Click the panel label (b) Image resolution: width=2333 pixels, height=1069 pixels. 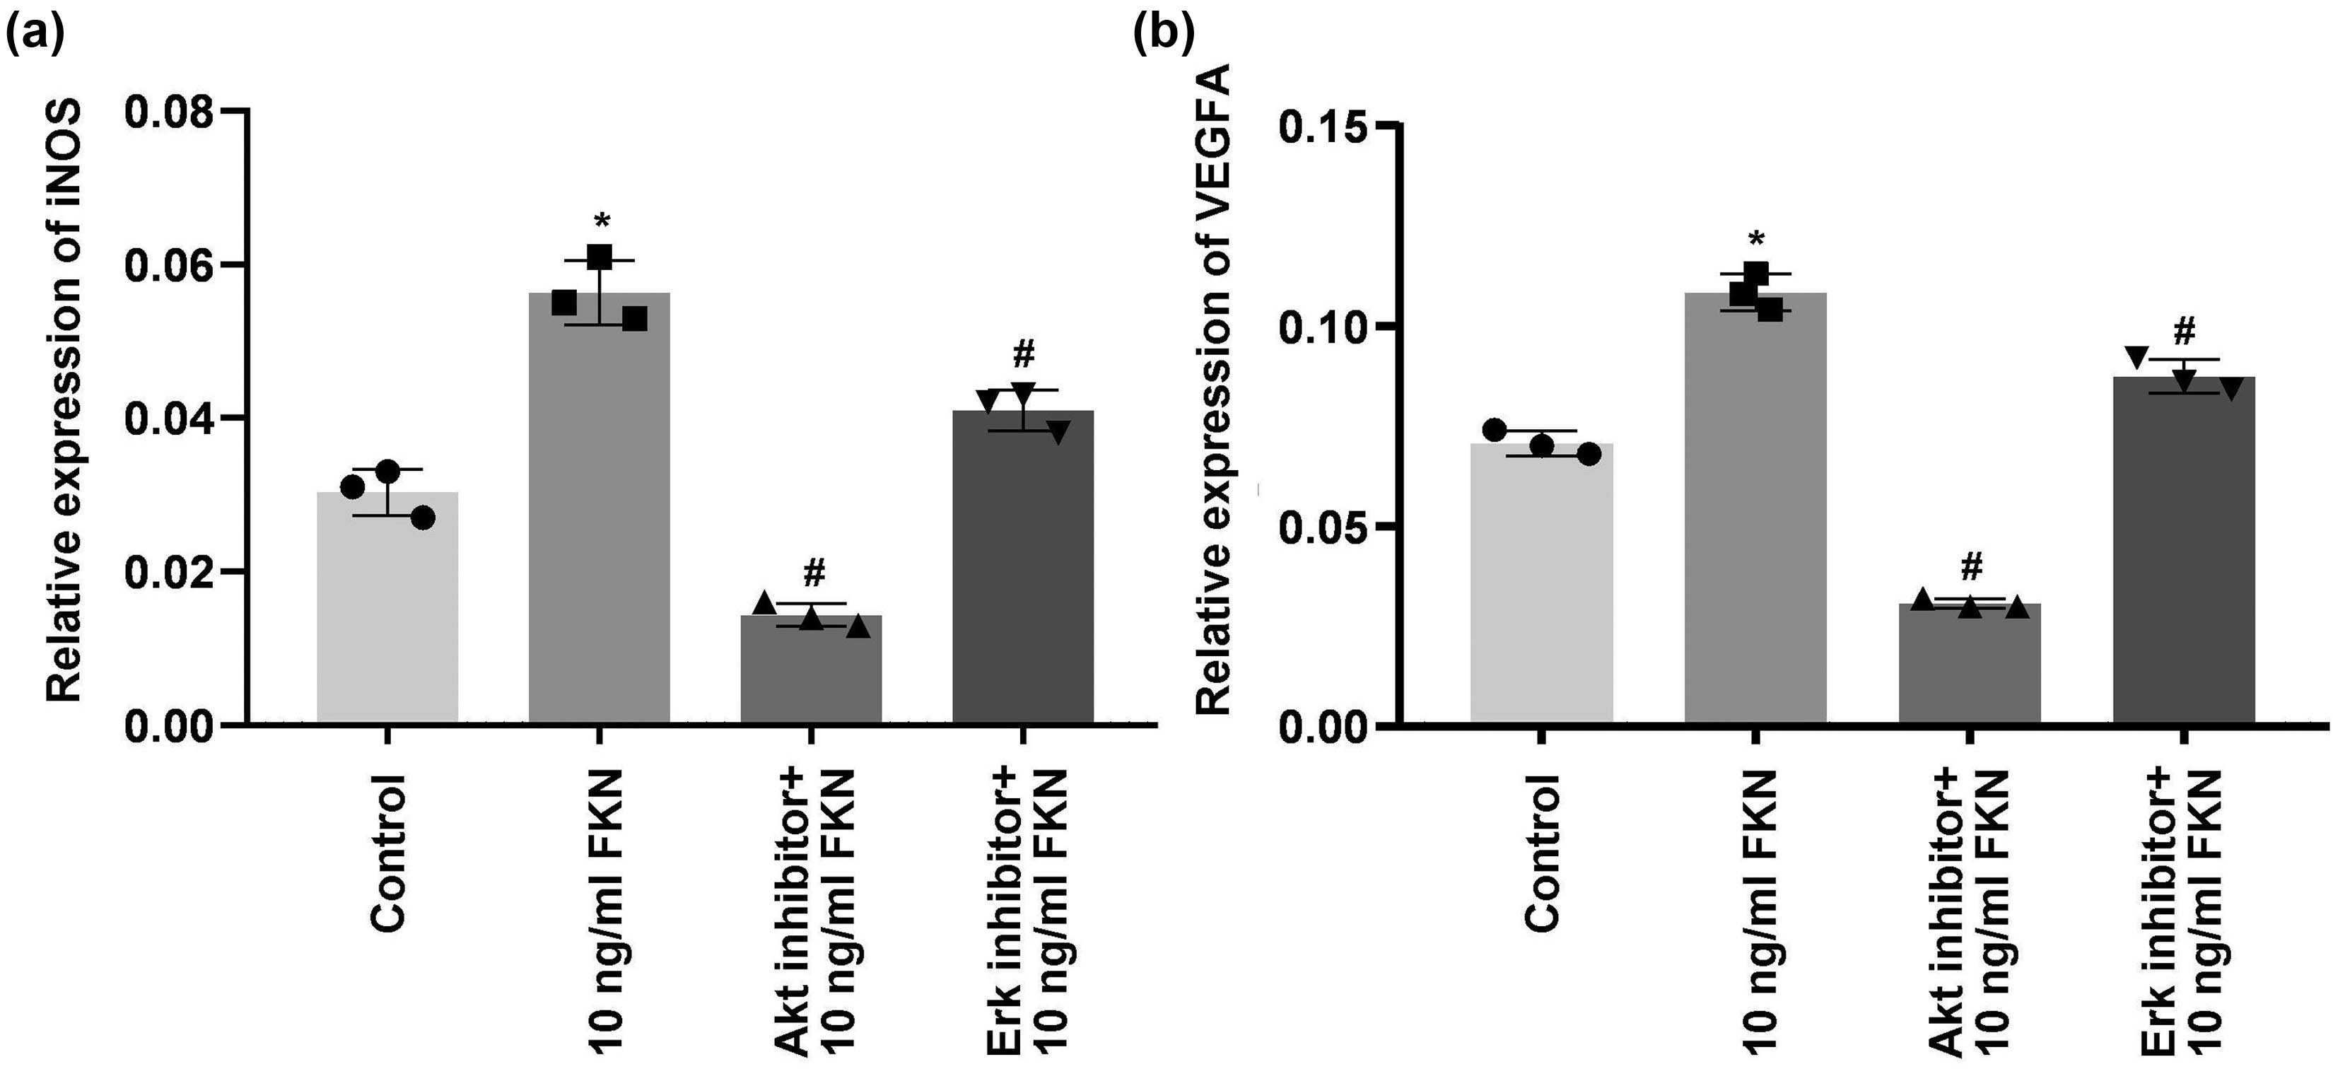pos(1164,35)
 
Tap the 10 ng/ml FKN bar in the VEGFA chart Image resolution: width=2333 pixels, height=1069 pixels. pos(1755,508)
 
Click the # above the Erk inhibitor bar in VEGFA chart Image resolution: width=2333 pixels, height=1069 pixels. pos(2184,332)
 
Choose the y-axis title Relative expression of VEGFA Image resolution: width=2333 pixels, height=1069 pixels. pos(1215,390)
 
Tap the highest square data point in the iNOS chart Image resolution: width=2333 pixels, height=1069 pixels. pos(599,257)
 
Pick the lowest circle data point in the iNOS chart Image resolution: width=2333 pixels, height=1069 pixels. pos(422,518)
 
